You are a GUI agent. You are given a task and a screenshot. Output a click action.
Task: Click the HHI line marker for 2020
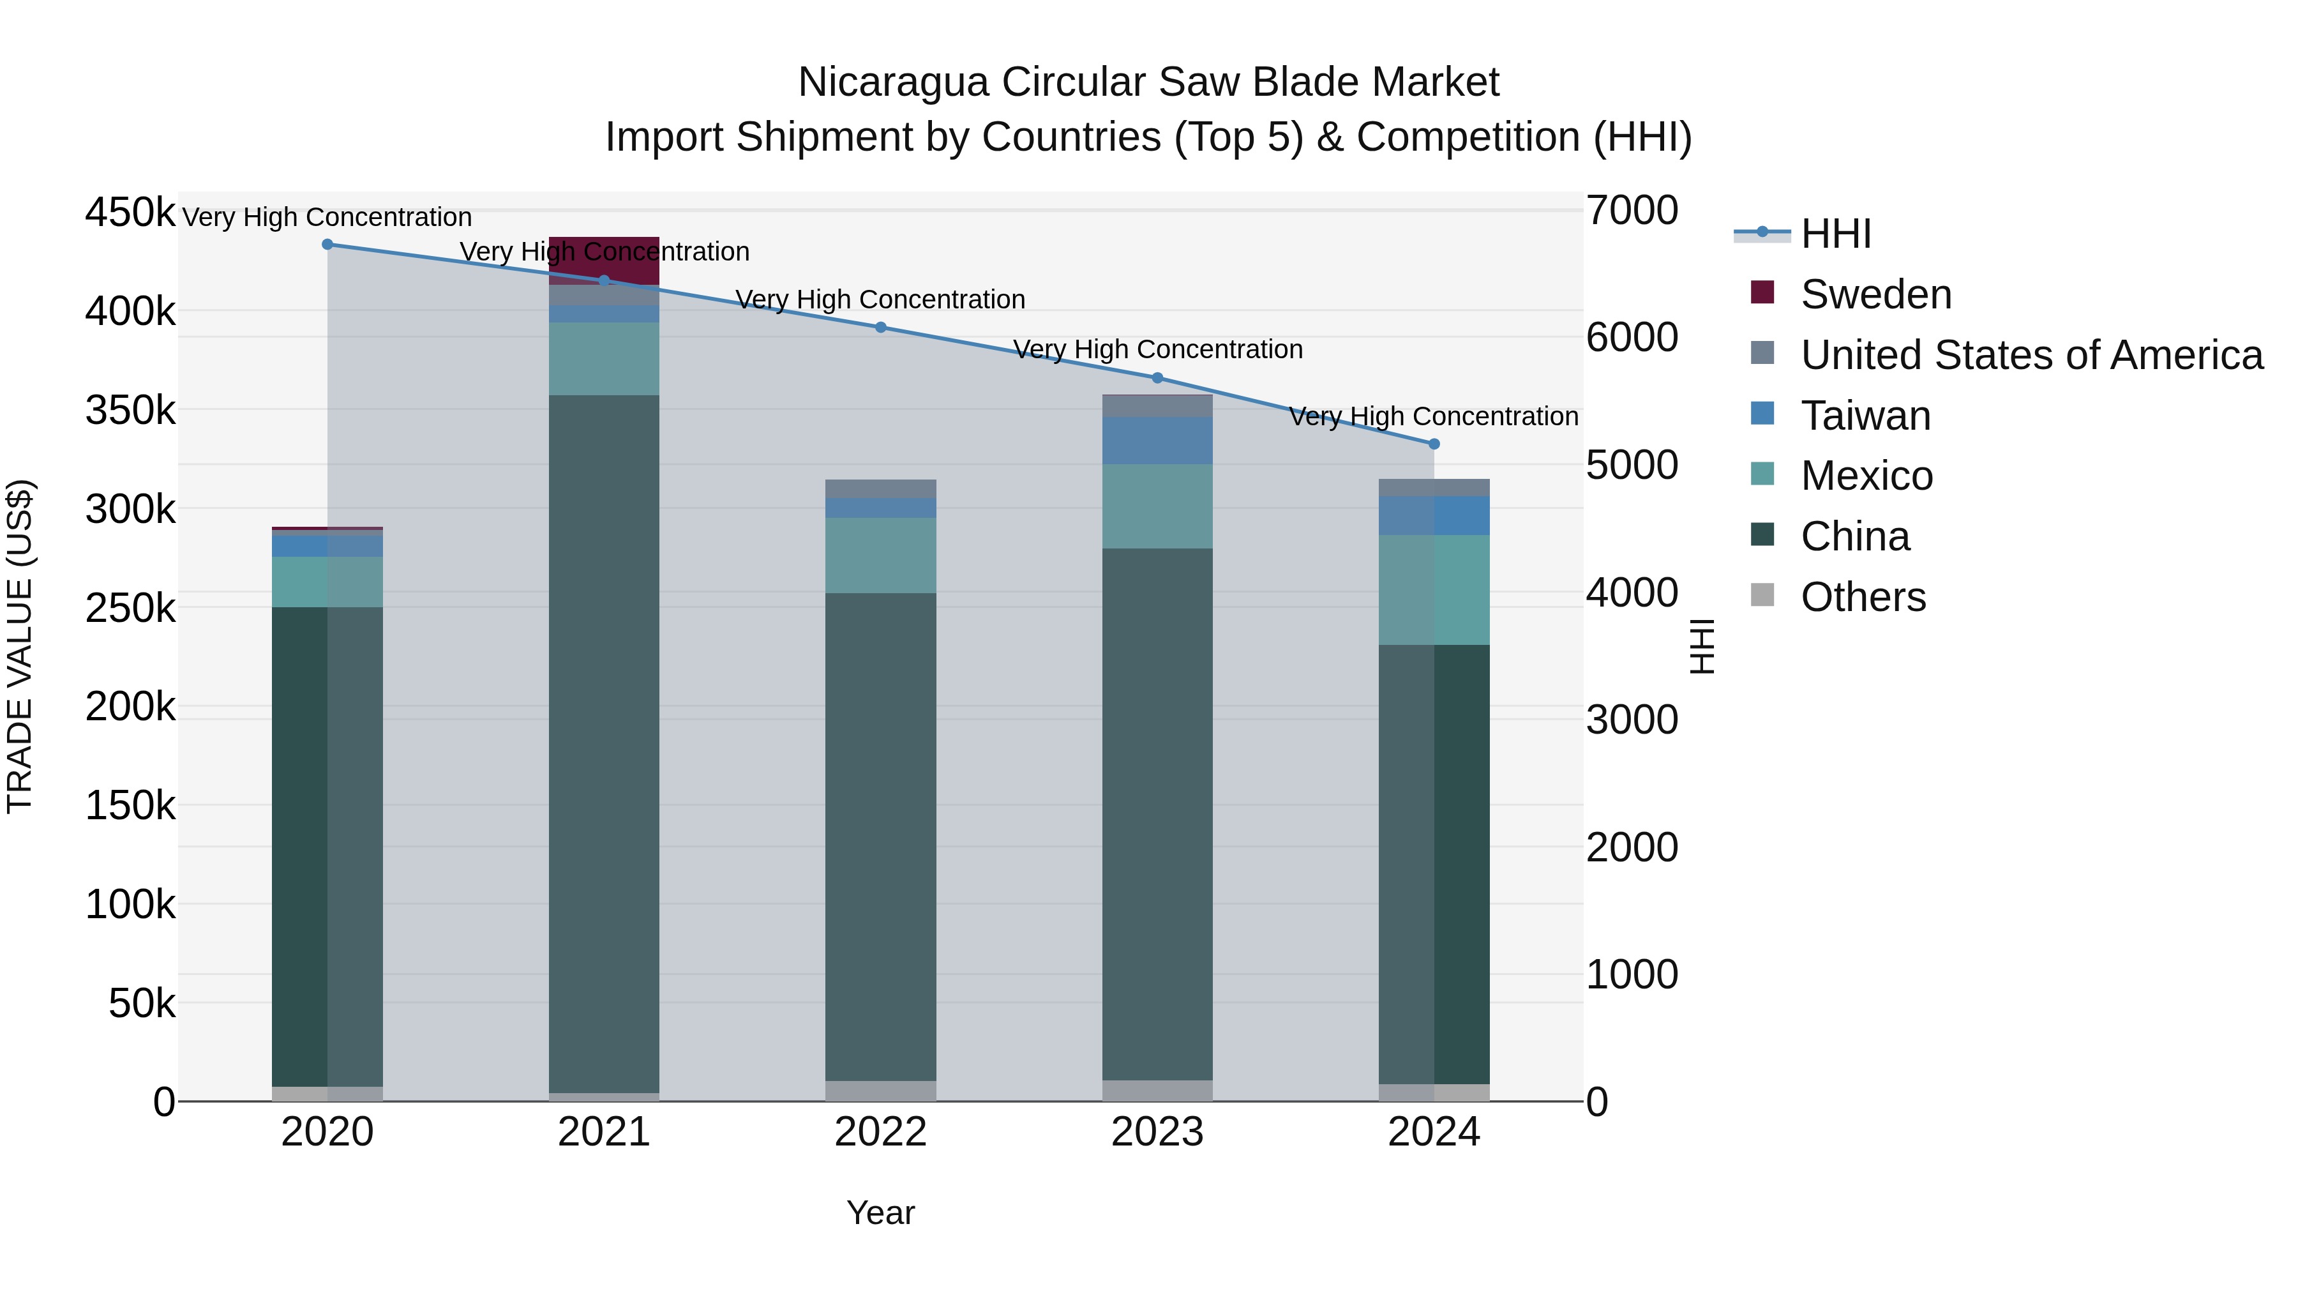click(x=327, y=245)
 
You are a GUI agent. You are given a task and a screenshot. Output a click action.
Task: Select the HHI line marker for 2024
click(x=1434, y=444)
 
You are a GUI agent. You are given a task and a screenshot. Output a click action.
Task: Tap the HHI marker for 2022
click(x=880, y=328)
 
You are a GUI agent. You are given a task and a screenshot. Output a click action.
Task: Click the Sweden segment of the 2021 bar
click(x=604, y=259)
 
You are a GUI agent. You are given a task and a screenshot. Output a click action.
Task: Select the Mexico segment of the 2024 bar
click(x=1434, y=590)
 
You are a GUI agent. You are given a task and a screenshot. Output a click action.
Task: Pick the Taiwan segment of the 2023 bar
click(x=1157, y=441)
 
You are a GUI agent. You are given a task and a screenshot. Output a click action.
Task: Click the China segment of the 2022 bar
click(x=880, y=837)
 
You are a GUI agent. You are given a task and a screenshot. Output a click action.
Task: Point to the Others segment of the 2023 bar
click(x=1157, y=1091)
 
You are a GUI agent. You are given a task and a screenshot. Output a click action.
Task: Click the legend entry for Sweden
click(x=1875, y=294)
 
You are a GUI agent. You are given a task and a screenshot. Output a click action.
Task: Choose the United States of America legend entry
click(x=2031, y=355)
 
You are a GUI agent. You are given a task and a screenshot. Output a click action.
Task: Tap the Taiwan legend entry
click(x=1865, y=416)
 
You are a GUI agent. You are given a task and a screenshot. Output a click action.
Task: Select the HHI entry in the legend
click(x=1836, y=234)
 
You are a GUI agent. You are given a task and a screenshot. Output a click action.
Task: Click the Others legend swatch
click(x=1762, y=595)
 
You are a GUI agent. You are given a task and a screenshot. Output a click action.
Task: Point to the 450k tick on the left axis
click(x=130, y=213)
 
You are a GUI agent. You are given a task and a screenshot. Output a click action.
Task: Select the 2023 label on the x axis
click(x=1157, y=1132)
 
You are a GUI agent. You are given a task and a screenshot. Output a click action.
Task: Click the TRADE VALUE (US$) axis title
click(x=20, y=646)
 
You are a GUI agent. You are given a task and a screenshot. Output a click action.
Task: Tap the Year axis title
click(x=880, y=1213)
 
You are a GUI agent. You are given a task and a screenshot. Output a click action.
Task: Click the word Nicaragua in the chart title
click(x=893, y=82)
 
